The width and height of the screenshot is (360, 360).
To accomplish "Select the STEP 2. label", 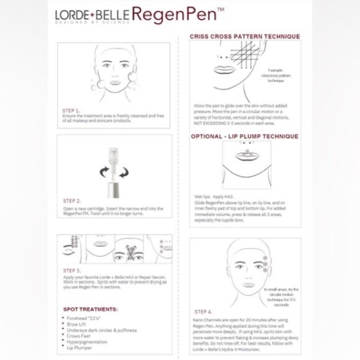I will coord(72,201).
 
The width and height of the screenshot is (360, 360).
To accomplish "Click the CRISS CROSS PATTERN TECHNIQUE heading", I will coord(245,37).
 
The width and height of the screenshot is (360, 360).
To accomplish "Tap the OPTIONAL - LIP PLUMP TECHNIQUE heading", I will coord(245,137).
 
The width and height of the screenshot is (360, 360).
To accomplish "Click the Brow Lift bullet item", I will coord(79,323).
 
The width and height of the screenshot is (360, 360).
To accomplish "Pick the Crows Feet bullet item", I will coord(81,335).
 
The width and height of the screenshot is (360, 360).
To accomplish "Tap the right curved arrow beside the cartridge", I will coord(128,171).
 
